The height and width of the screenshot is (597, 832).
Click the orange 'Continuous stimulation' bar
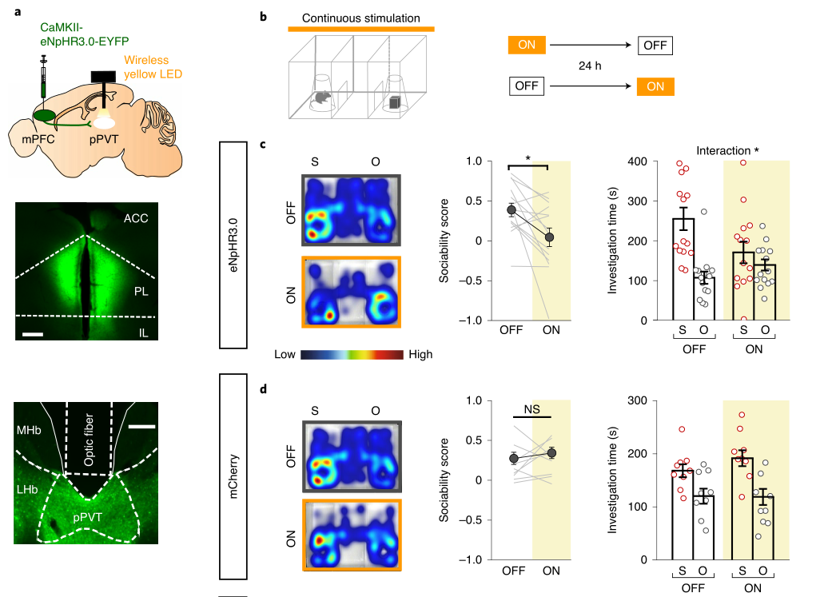360,30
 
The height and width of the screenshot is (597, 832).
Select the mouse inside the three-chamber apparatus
321,98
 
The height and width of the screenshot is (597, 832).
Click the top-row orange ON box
527,46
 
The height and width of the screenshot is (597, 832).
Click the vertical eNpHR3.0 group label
233,245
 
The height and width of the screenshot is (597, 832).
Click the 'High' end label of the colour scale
421,353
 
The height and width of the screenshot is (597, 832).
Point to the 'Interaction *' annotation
728,150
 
